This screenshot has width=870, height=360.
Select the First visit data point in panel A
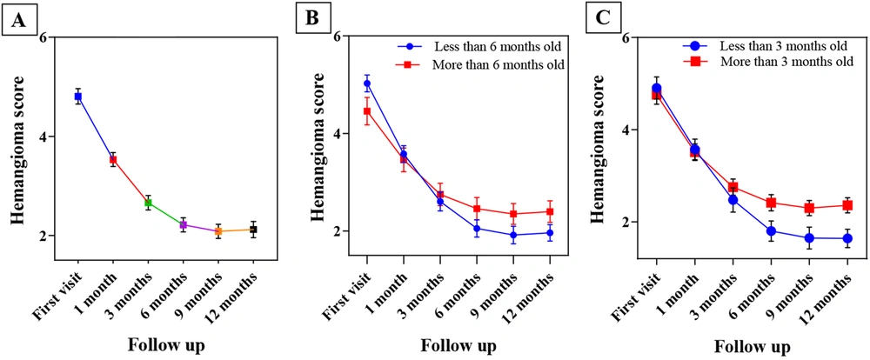tap(78, 97)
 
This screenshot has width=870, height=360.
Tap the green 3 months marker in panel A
tap(148, 203)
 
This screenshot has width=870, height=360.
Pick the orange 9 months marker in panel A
tap(217, 230)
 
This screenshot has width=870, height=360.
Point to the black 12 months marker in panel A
tap(252, 230)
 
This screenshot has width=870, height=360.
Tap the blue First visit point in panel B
tap(367, 83)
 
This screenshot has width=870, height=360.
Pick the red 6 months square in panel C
tap(771, 203)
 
